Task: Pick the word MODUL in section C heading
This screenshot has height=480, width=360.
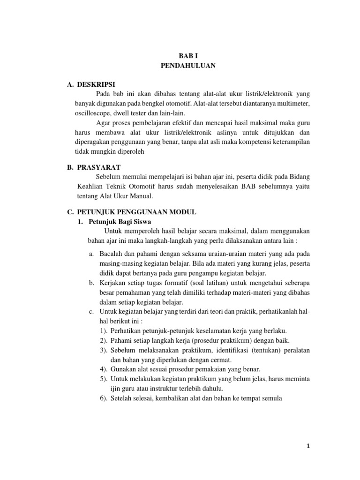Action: [x=184, y=212]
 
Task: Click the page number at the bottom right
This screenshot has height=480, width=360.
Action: [x=308, y=446]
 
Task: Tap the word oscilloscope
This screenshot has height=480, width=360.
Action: [x=94, y=113]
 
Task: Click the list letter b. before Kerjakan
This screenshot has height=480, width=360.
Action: [x=91, y=284]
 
